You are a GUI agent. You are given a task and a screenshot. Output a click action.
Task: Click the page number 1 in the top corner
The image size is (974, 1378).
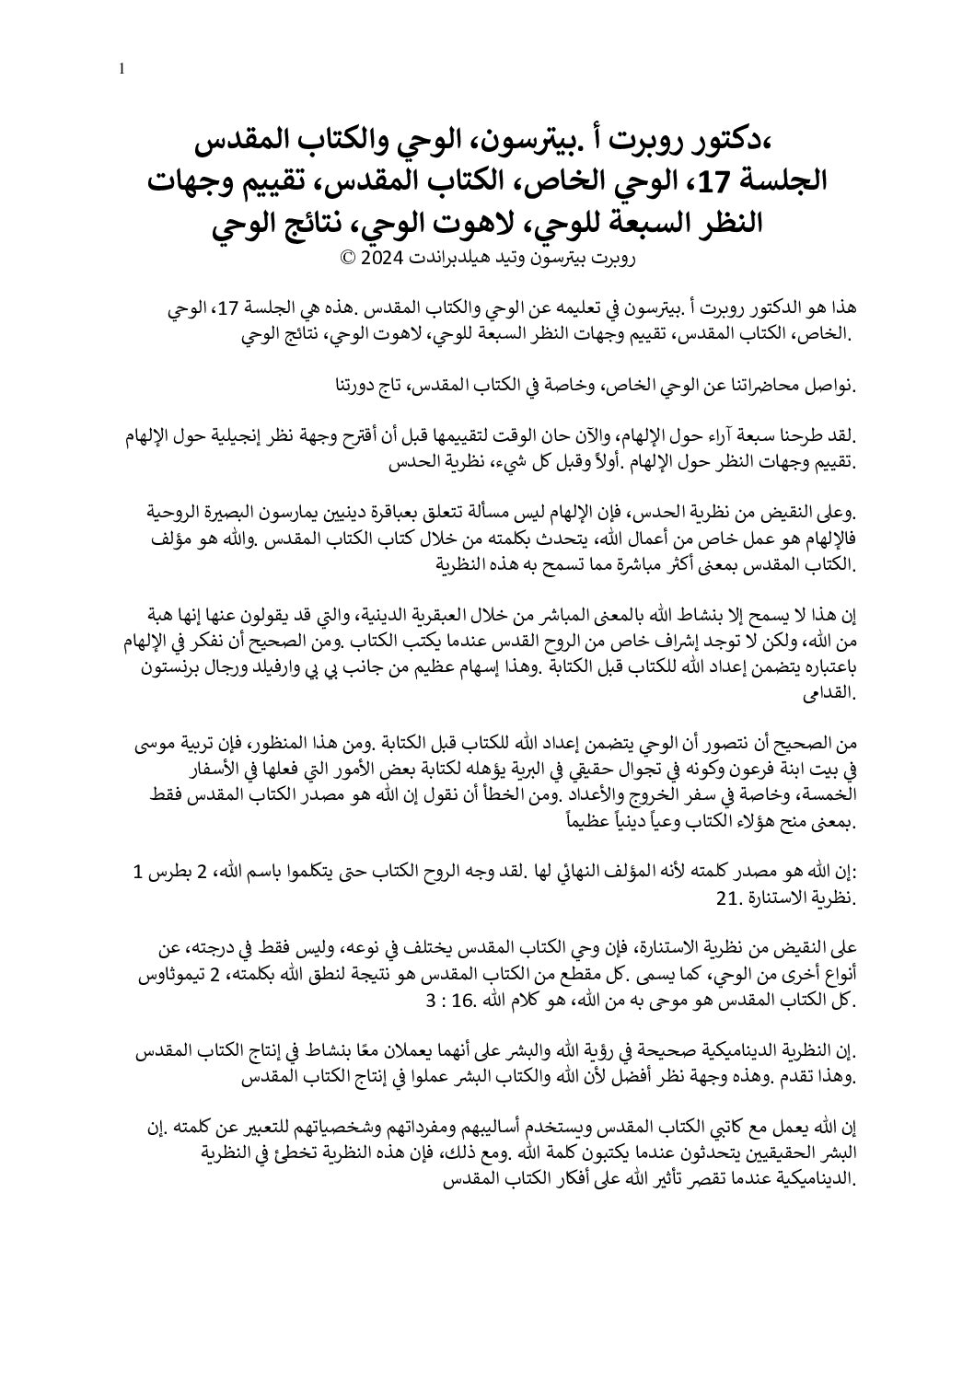(x=122, y=68)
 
